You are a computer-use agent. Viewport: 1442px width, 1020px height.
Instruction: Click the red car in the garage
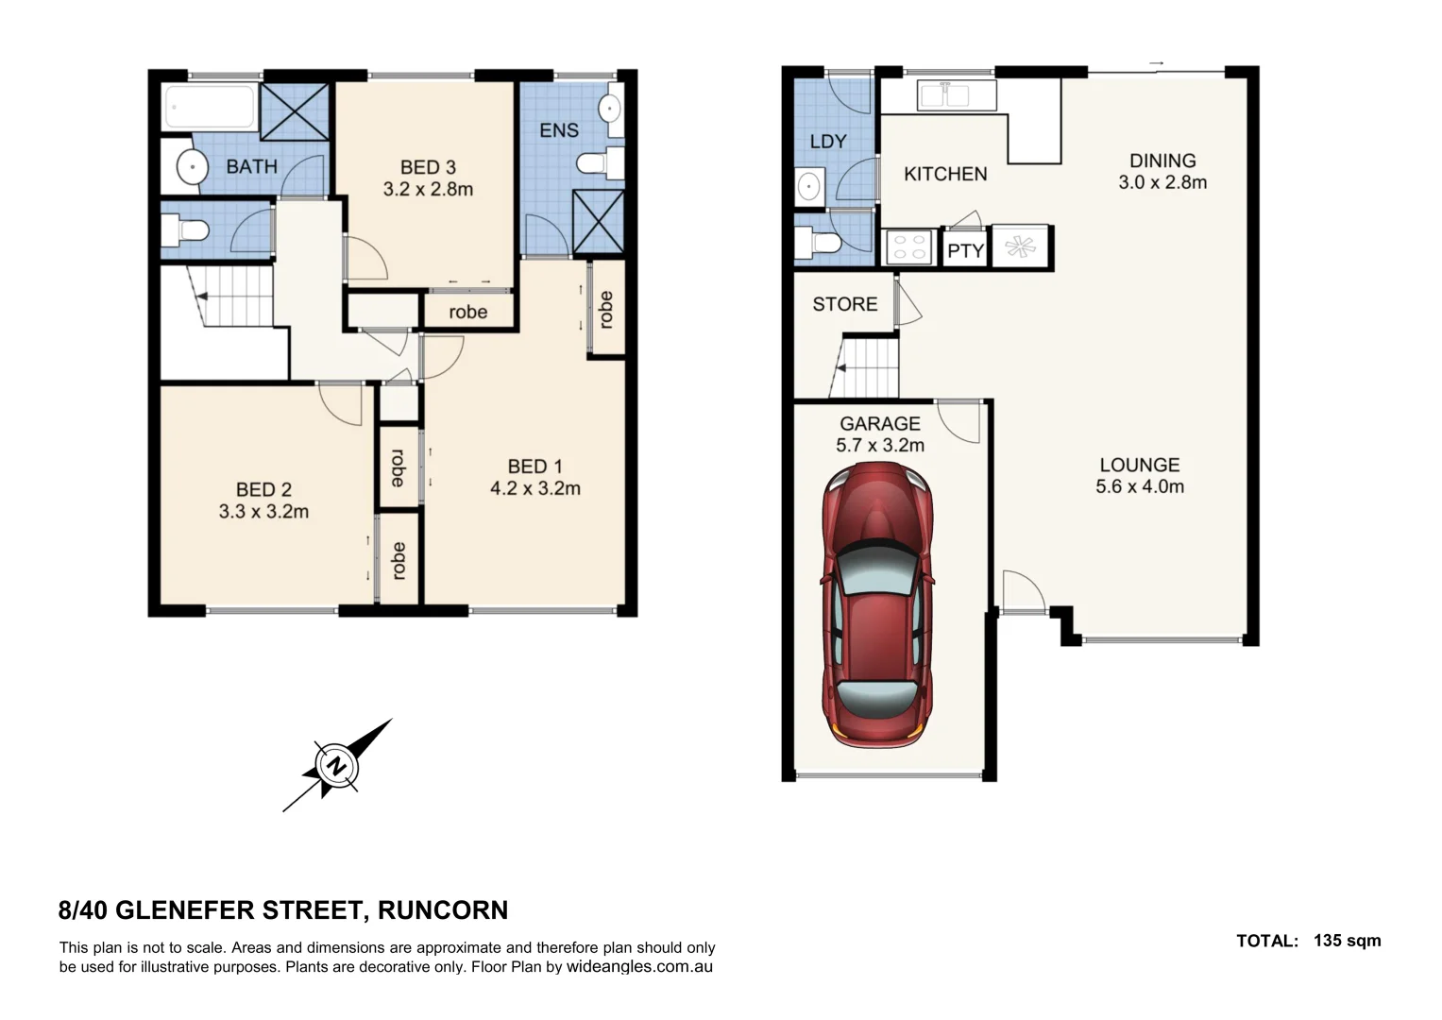(x=877, y=604)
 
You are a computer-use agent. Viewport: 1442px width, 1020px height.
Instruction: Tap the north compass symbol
(x=336, y=765)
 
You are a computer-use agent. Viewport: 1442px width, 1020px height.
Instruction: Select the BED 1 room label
(x=534, y=467)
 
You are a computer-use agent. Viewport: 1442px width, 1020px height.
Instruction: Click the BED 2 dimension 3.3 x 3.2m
(x=263, y=512)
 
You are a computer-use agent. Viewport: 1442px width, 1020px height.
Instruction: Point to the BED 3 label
(x=428, y=167)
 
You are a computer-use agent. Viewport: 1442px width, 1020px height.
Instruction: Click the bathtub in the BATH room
(x=210, y=108)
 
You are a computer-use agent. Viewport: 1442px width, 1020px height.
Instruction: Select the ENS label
(x=558, y=130)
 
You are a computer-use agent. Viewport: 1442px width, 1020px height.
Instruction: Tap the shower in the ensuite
(x=599, y=221)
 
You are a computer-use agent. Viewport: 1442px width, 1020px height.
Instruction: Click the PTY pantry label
(x=965, y=251)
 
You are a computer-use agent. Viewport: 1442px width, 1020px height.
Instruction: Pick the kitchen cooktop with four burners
(x=908, y=248)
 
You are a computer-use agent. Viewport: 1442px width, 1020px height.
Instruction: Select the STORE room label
(x=844, y=304)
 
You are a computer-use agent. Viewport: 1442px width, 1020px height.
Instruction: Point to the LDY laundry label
(x=828, y=142)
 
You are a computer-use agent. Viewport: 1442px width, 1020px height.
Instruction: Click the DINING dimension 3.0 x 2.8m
(x=1162, y=183)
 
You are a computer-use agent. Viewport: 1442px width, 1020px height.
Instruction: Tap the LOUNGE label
(x=1139, y=465)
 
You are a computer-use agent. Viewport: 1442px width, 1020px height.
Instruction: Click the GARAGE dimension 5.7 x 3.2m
(x=880, y=446)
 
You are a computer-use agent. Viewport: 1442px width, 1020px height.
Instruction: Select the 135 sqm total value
(x=1347, y=941)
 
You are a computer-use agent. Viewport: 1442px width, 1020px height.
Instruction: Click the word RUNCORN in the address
(x=443, y=910)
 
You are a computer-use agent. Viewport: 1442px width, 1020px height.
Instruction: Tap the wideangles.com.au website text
(x=639, y=967)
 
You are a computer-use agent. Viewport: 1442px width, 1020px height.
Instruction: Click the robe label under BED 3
(x=467, y=313)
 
